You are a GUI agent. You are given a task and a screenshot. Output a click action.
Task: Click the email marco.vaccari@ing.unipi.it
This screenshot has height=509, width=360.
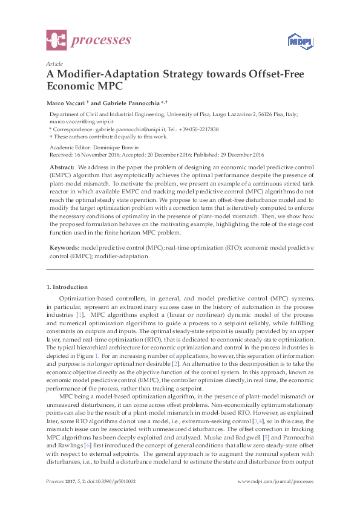[82, 122]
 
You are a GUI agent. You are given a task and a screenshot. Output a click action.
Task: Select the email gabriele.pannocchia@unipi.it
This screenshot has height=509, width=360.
[123, 129]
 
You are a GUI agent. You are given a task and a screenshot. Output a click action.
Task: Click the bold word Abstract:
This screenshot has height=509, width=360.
[62, 166]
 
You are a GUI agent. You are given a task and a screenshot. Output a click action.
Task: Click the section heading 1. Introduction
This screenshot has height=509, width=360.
[67, 287]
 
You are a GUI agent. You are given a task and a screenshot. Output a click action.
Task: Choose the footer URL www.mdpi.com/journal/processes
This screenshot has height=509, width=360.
[275, 498]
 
